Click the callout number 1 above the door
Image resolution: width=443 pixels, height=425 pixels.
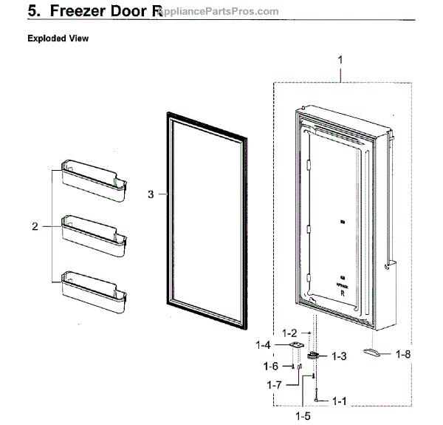point(340,58)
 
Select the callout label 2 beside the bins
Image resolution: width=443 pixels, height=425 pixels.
point(35,226)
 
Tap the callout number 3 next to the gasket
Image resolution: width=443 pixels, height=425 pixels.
point(151,194)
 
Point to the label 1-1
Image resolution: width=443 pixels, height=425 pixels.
point(339,401)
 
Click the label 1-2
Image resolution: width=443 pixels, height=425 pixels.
point(289,333)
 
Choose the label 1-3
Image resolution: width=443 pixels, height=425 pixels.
point(338,356)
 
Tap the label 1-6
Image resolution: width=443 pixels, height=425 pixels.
point(270,366)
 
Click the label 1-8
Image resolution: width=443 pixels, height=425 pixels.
point(402,355)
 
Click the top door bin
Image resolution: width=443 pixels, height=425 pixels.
point(94,174)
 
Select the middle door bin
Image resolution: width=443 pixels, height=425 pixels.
point(94,229)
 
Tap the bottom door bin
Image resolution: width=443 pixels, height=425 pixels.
point(94,285)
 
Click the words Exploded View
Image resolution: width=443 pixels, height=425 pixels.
point(58,38)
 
